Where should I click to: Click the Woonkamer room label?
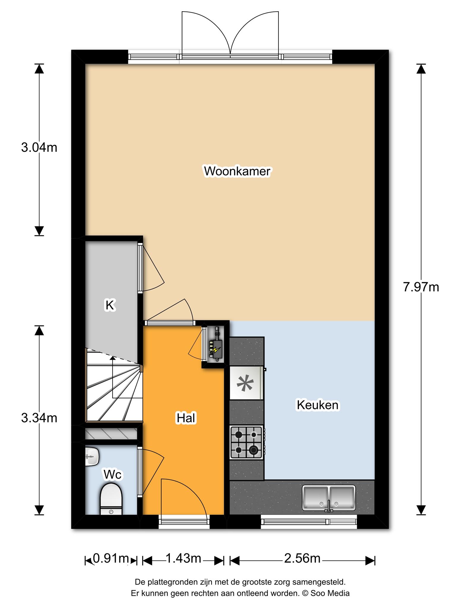[237, 171]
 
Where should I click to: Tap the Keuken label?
[318, 405]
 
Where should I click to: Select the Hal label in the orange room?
[186, 418]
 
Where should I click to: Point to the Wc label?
[113, 475]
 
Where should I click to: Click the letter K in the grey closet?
[110, 305]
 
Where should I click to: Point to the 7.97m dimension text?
[421, 287]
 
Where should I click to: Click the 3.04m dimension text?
[39, 147]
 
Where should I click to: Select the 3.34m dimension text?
[39, 418]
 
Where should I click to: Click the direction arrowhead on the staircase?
[113, 359]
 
